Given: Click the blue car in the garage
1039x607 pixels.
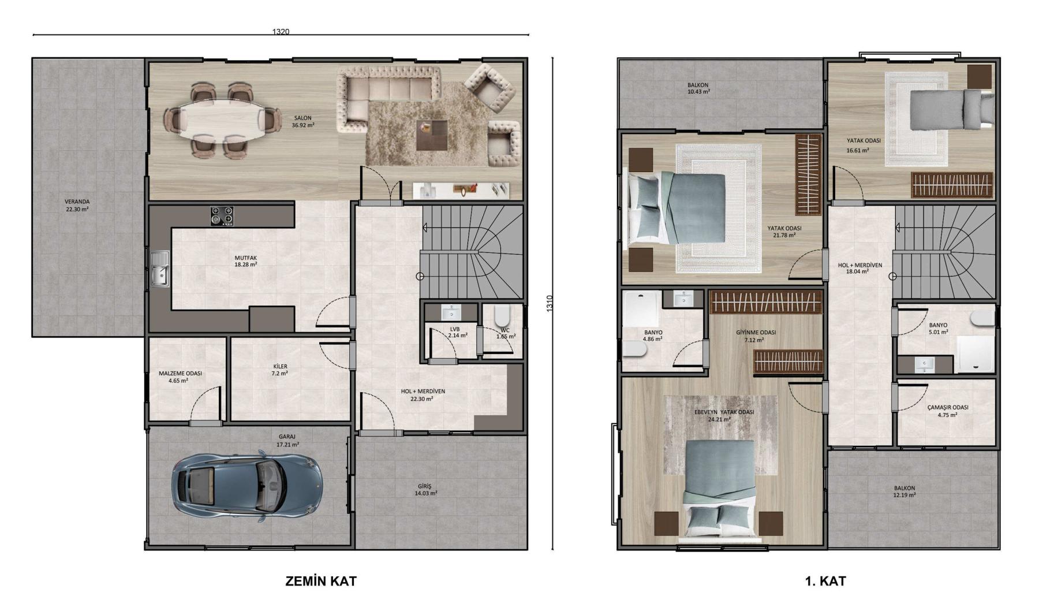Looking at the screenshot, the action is [x=246, y=487].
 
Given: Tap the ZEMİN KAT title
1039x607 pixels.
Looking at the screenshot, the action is [x=321, y=581].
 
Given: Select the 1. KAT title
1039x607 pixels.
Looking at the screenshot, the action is [x=825, y=581].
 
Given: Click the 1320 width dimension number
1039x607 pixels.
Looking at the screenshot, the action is [x=281, y=32].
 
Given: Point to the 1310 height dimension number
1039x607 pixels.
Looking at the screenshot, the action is [x=550, y=304].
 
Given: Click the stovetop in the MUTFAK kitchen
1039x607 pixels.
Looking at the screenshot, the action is [x=222, y=216].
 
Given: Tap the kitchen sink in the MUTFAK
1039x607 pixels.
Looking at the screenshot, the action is [x=160, y=269].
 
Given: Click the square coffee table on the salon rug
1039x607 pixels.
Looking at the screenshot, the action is [x=432, y=135].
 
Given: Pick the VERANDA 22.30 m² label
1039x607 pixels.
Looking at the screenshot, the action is [x=77, y=206].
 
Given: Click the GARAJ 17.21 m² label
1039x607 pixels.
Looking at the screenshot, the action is [x=287, y=441].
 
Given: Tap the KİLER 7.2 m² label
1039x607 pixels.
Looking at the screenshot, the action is [x=280, y=370].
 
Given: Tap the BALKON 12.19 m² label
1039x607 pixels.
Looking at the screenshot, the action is [x=904, y=491].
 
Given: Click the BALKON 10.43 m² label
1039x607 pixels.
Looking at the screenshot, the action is [x=698, y=88].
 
